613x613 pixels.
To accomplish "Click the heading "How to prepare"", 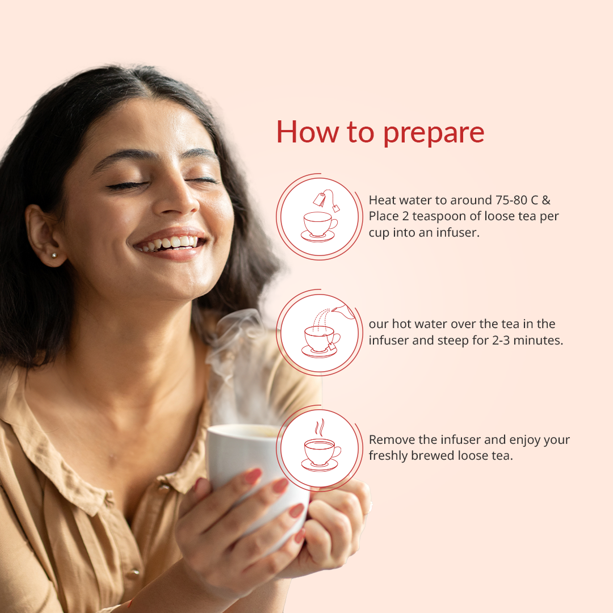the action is click(380, 133).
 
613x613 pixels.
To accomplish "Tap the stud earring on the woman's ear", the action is click(54, 255).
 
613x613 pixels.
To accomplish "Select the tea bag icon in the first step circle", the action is click(326, 199).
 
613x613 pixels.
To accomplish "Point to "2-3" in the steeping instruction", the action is click(501, 341).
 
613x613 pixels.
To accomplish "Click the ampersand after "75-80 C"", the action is click(546, 200).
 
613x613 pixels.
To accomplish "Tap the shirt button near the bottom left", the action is click(135, 572).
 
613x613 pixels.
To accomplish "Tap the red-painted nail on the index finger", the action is click(253, 476).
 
